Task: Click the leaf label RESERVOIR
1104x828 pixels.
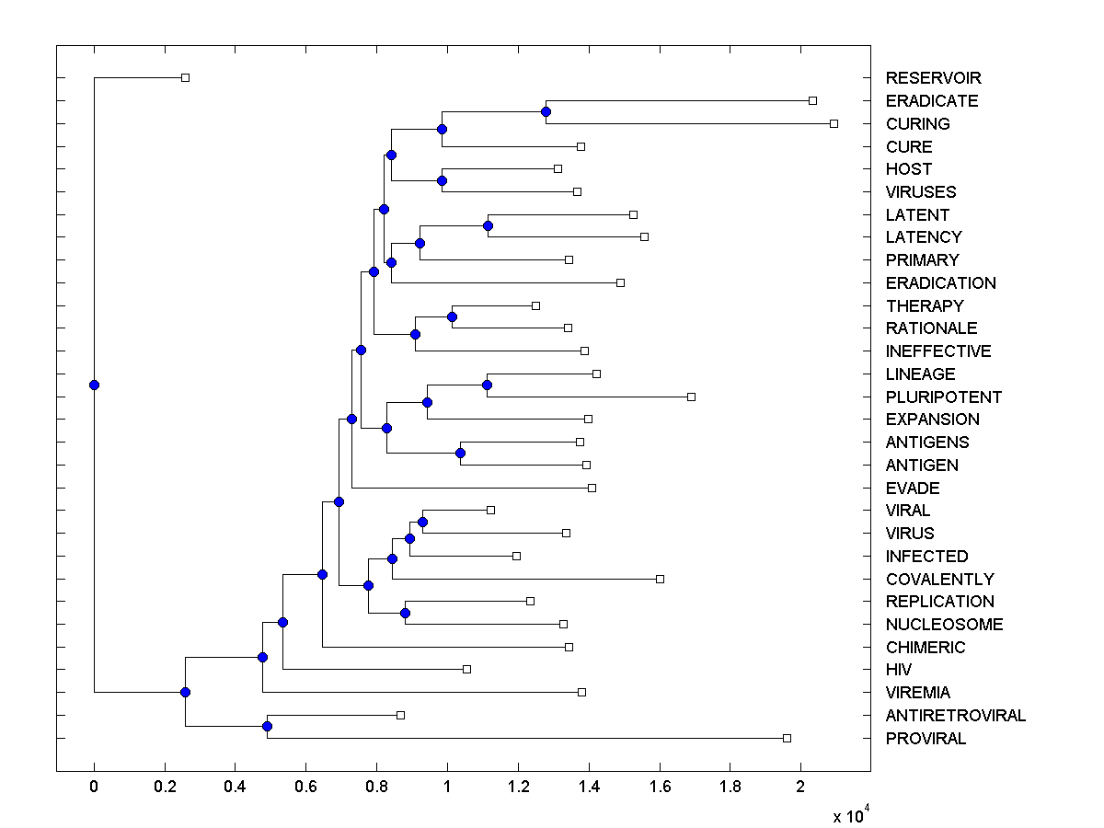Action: [x=933, y=78]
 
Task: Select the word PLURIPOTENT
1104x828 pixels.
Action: [x=944, y=397]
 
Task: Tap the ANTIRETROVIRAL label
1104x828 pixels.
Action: [x=956, y=716]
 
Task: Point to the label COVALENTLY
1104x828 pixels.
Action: [x=939, y=580]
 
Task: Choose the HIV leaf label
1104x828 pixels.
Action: [x=899, y=670]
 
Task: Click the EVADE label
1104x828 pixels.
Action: [x=913, y=489]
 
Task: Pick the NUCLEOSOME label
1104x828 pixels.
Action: [x=944, y=625]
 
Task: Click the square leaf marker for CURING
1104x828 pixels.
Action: [x=834, y=123]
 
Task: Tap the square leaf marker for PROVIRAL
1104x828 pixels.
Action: [x=787, y=738]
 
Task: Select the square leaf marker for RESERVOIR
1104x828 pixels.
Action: [x=185, y=77]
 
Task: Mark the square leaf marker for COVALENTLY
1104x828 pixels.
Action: [x=660, y=579]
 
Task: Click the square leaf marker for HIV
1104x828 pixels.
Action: [x=466, y=669]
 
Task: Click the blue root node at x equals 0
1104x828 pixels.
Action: [x=94, y=385]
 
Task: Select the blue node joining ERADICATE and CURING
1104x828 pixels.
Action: [x=546, y=111]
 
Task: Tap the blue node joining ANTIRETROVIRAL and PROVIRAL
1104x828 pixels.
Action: [x=267, y=726]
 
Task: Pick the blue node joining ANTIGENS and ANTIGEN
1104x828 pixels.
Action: [x=460, y=453]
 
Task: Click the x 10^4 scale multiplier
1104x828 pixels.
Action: [x=850, y=815]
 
